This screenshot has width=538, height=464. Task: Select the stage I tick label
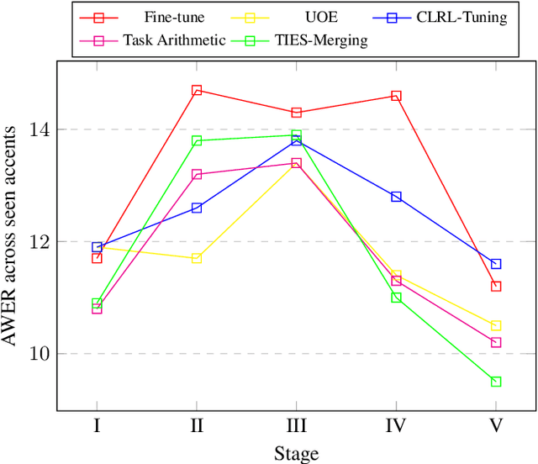pos(97,425)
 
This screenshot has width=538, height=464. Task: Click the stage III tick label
pos(296,425)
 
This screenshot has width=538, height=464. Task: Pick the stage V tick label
pos(496,425)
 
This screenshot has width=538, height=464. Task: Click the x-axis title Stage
pos(296,454)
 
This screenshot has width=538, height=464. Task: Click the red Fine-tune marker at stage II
pos(197,90)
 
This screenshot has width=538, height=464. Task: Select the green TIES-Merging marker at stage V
pos(496,382)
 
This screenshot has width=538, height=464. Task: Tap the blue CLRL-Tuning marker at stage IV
pos(396,197)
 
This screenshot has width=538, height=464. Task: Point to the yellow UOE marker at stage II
pos(197,258)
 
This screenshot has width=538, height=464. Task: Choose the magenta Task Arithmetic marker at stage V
pos(496,342)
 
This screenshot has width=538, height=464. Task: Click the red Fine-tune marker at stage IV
pos(396,96)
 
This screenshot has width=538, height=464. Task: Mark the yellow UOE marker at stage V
pos(496,325)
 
